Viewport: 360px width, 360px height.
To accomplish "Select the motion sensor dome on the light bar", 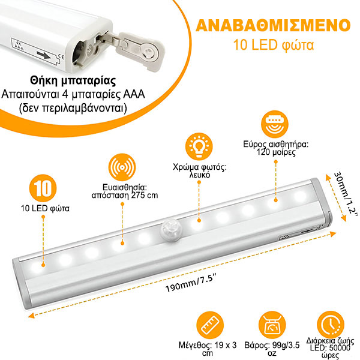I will click(170, 231).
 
